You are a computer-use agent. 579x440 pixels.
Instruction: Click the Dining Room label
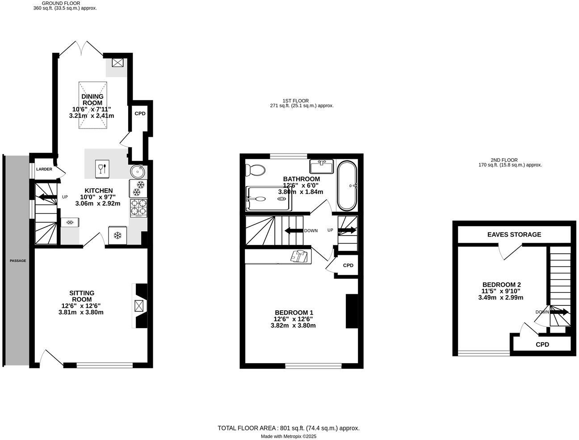point(92,100)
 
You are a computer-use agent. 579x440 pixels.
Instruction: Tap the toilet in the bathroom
point(255,170)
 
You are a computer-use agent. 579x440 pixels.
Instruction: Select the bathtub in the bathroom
point(347,186)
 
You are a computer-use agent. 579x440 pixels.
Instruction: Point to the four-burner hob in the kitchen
point(138,207)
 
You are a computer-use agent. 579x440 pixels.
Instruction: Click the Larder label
point(44,169)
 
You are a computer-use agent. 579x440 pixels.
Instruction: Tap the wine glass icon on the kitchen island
point(102,169)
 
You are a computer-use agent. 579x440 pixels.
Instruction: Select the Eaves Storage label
point(514,234)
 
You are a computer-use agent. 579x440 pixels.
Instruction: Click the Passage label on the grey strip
point(18,261)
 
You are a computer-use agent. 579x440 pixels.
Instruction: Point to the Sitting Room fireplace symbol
point(139,305)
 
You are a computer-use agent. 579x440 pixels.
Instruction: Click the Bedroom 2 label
point(501,285)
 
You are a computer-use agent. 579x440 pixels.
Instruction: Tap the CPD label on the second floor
point(542,344)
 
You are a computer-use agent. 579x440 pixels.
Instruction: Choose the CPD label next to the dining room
point(140,114)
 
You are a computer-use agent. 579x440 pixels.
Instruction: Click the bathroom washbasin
point(321,167)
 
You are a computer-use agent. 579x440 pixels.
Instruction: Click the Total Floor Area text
point(288,428)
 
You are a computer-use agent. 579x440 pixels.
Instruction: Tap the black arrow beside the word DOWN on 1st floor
point(293,231)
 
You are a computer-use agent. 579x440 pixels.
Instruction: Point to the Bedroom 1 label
point(294,313)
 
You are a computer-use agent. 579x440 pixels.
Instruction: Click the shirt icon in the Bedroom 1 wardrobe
point(299,256)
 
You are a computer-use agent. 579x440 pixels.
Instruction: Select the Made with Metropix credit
point(288,436)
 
